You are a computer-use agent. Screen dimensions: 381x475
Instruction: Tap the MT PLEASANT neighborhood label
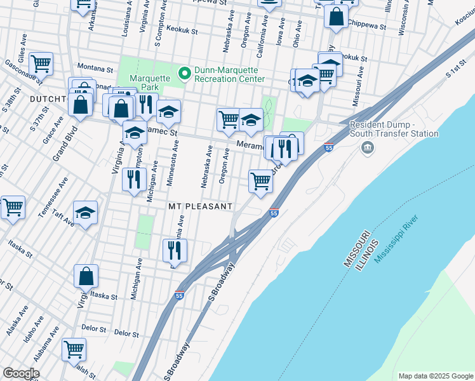click(x=201, y=207)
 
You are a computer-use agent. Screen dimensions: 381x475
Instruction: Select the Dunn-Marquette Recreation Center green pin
click(x=185, y=74)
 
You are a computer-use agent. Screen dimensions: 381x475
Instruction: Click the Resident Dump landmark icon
click(x=367, y=148)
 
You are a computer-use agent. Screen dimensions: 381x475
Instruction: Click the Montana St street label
click(x=94, y=66)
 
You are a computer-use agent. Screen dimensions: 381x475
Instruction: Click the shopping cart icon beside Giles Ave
click(x=41, y=63)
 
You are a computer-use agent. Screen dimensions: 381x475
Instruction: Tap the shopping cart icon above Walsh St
click(x=74, y=349)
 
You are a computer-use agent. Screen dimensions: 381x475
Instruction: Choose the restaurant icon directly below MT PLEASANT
click(x=174, y=250)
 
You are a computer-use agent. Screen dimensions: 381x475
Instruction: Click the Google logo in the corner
click(x=21, y=373)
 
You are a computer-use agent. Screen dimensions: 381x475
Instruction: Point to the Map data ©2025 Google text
click(x=435, y=376)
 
